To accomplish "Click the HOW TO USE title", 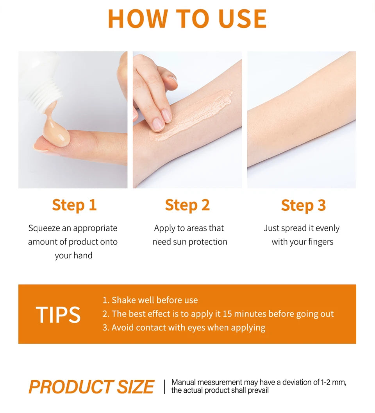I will click(x=187, y=19).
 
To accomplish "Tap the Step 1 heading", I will click(x=74, y=205).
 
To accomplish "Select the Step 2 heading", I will click(x=187, y=205).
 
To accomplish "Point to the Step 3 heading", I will click(x=303, y=205).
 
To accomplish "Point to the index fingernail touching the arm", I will click(x=158, y=124).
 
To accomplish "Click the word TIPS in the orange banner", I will click(x=58, y=315).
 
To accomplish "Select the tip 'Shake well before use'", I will click(x=150, y=300).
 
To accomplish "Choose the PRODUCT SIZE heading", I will click(x=91, y=387).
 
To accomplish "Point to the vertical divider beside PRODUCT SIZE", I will click(x=164, y=386).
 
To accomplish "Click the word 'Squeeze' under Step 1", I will click(x=44, y=228).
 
